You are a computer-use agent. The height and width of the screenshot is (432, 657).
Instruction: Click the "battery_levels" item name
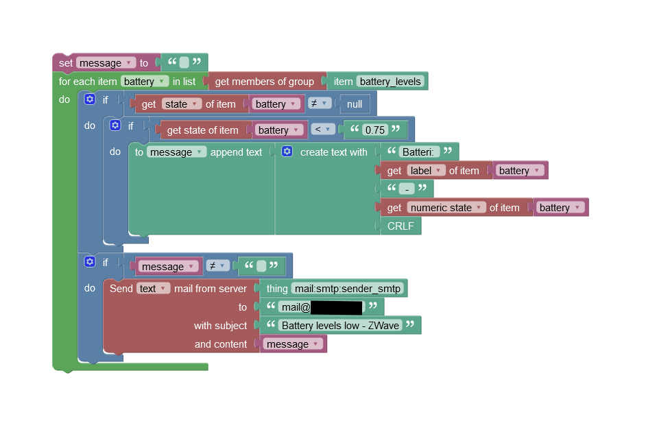click(x=390, y=82)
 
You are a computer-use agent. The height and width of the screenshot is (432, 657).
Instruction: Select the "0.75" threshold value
click(x=375, y=130)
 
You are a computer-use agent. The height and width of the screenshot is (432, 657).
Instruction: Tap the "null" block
click(x=355, y=104)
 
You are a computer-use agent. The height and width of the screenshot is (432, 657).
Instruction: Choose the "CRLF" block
click(x=401, y=226)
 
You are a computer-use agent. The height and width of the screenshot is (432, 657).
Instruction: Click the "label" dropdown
click(x=426, y=171)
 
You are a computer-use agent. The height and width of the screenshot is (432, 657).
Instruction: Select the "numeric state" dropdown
click(x=446, y=208)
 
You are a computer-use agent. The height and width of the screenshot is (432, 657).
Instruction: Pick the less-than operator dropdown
click(x=323, y=130)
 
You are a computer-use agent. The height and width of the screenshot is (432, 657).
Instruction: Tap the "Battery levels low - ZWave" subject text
click(x=340, y=326)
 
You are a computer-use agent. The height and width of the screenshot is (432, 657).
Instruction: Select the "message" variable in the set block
click(x=105, y=63)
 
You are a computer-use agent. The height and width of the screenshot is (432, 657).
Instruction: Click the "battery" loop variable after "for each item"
click(x=145, y=82)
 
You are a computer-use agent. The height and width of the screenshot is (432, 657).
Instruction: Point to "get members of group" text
click(x=264, y=82)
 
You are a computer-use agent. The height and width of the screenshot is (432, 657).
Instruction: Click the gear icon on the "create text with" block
click(x=287, y=152)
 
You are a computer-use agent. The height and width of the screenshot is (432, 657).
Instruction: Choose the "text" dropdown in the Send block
click(x=153, y=289)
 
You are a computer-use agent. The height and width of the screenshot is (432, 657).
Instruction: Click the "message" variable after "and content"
click(x=294, y=344)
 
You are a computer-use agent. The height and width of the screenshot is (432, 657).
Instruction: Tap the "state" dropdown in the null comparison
click(x=181, y=104)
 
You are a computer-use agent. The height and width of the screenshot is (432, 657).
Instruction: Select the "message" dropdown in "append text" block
click(x=176, y=152)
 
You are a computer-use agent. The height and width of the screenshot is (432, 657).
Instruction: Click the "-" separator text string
click(x=407, y=189)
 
